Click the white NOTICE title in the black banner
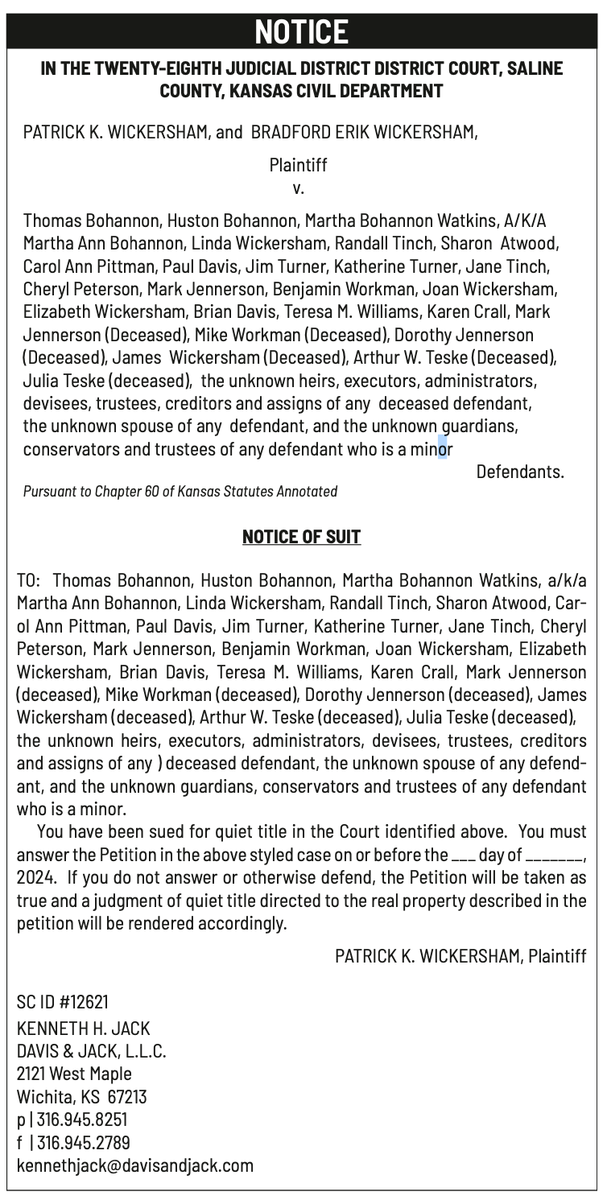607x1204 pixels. click(x=302, y=31)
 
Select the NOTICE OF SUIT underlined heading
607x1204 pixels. click(x=302, y=536)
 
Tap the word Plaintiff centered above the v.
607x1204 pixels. click(x=299, y=167)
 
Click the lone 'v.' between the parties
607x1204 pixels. click(x=298, y=189)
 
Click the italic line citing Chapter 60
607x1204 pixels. click(x=180, y=491)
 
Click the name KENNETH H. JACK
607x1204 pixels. click(x=84, y=1029)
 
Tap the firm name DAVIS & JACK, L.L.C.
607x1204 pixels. click(x=92, y=1052)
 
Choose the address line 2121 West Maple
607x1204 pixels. click(x=74, y=1074)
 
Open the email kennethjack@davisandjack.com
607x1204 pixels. click(x=135, y=1165)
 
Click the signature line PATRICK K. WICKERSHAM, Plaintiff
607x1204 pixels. click(x=460, y=955)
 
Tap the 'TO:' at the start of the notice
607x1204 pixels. click(x=30, y=580)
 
